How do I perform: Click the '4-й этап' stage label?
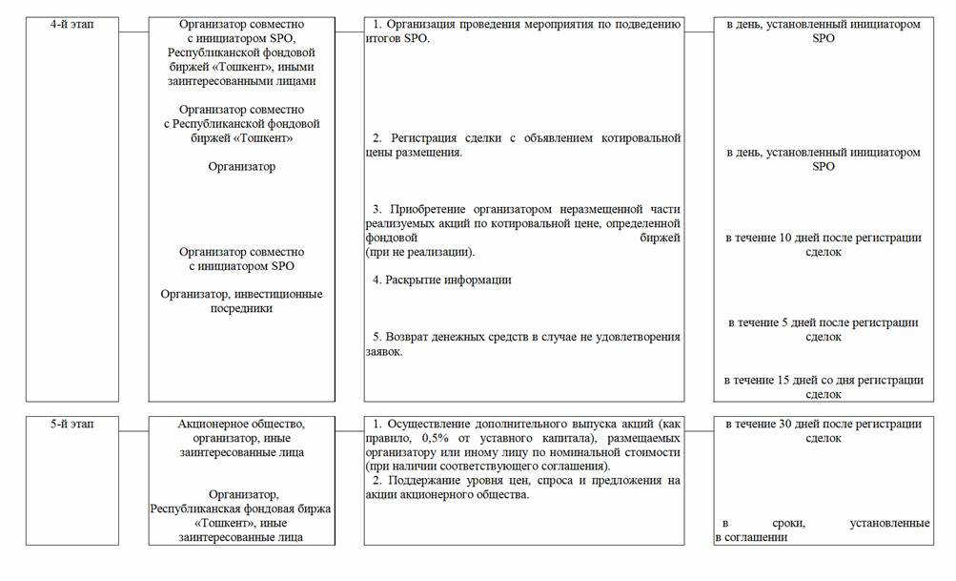(72, 24)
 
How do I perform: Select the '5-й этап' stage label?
(72, 423)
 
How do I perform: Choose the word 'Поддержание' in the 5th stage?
(420, 480)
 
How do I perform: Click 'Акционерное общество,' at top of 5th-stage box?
(241, 424)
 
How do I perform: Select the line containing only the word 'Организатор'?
(241, 167)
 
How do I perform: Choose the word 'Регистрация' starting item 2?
(420, 138)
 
